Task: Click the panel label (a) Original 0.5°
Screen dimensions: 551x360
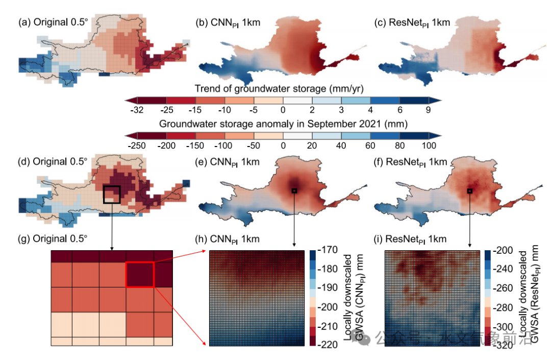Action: [53, 22]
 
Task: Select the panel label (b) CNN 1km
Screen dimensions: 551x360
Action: [228, 23]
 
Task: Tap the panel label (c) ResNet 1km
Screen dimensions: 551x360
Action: [412, 23]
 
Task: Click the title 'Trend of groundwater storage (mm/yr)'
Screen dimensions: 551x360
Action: [280, 88]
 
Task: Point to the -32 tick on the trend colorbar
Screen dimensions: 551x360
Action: [137, 110]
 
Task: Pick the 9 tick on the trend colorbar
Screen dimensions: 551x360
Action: [428, 110]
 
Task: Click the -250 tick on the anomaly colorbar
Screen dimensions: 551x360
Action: [137, 146]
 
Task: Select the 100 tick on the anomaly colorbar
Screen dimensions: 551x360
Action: [429, 146]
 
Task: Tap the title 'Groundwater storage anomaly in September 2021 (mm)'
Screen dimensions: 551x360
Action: [283, 124]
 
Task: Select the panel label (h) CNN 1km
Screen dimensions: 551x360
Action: [228, 239]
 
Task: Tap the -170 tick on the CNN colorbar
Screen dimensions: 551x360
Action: [328, 250]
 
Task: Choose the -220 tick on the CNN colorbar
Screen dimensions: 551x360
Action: [328, 345]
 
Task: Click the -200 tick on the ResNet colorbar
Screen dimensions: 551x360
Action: [503, 250]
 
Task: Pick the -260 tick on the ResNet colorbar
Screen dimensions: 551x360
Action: [503, 289]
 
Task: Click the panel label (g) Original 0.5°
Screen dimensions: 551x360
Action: [53, 238]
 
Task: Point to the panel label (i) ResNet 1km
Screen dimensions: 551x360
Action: [410, 239]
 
